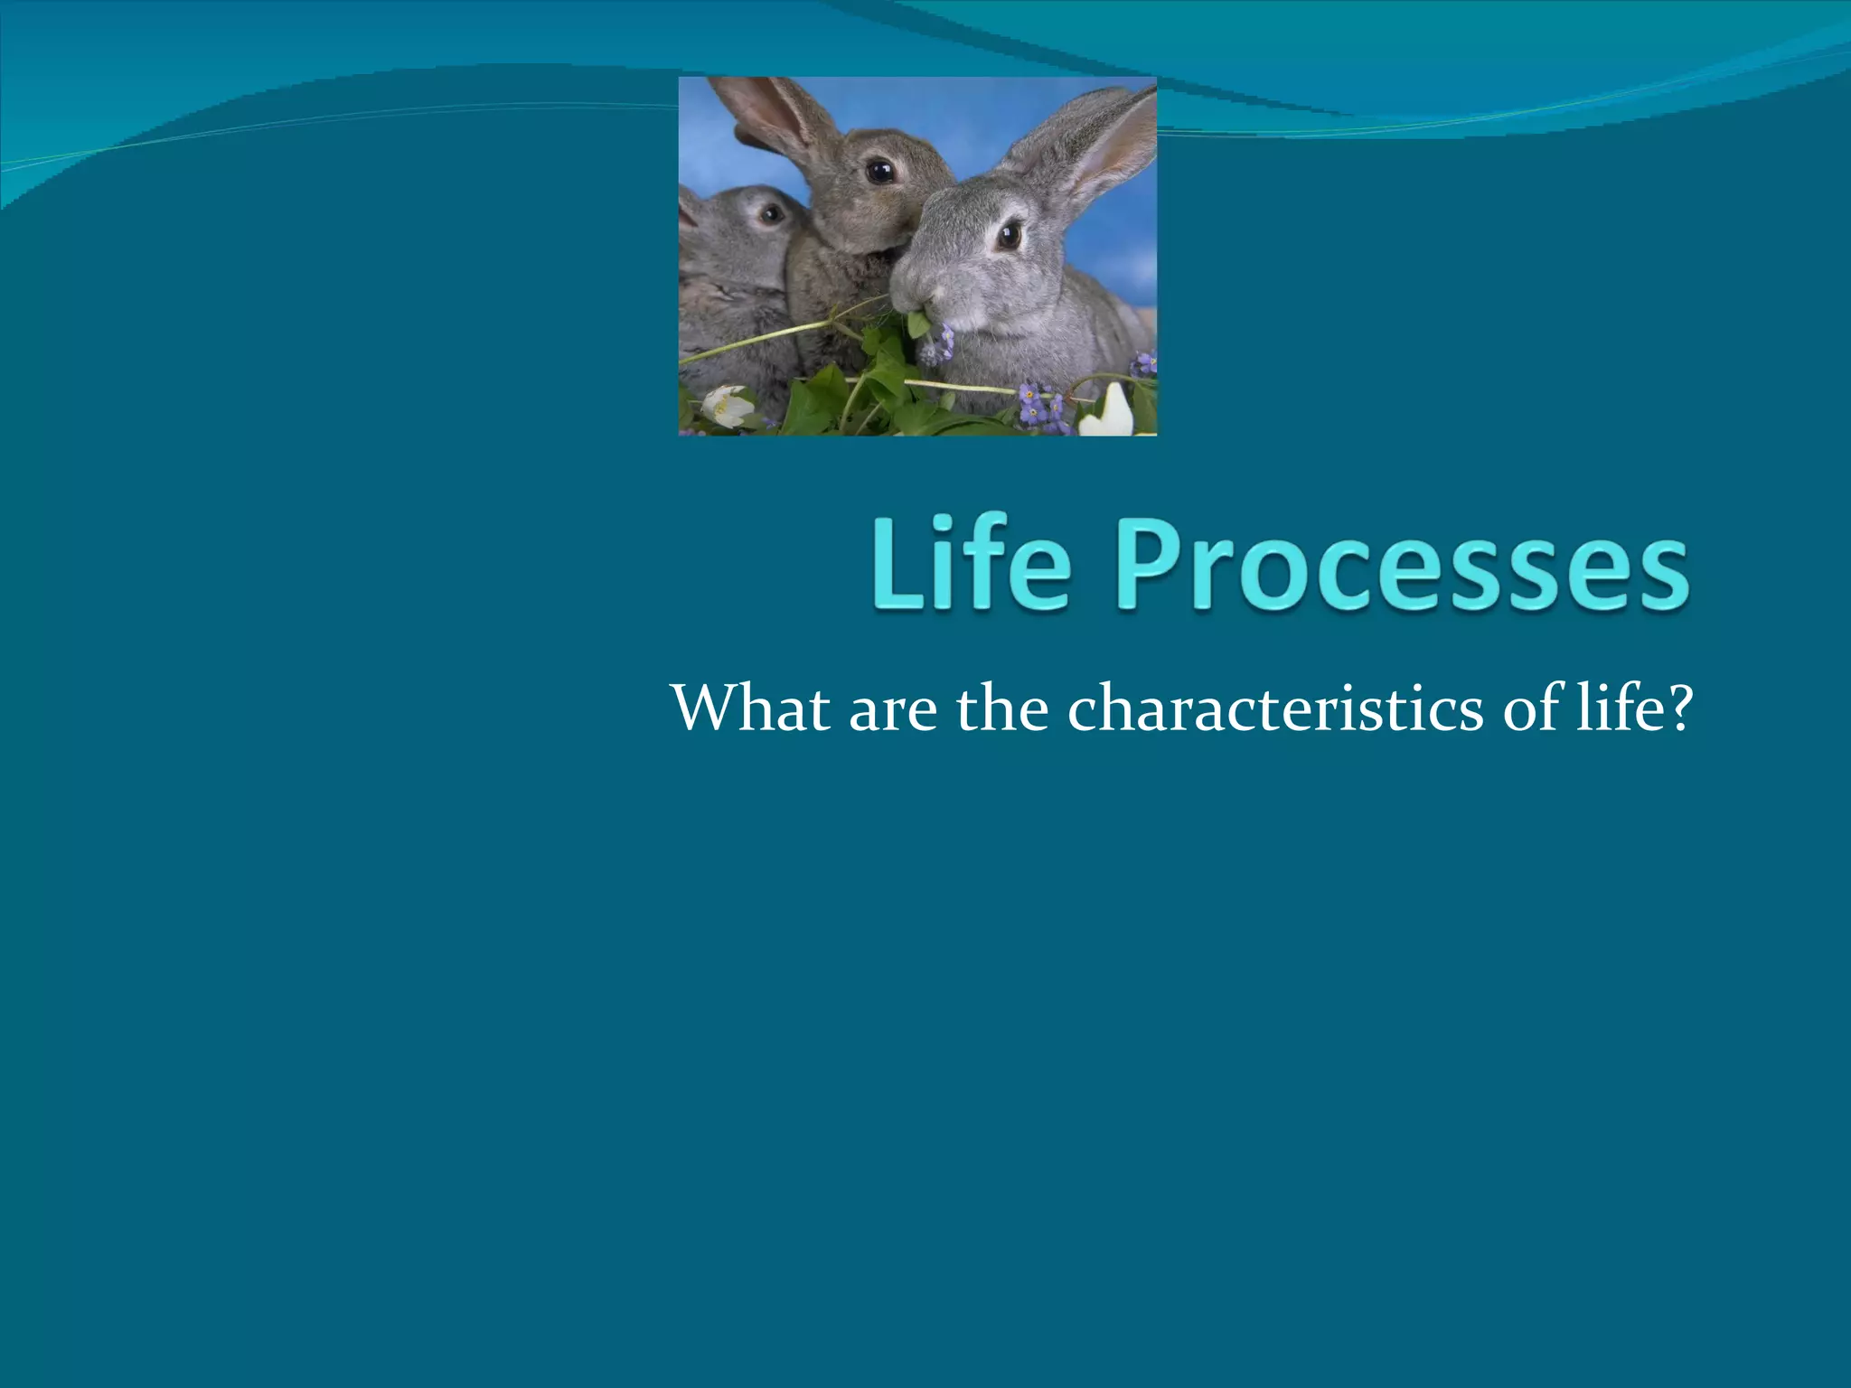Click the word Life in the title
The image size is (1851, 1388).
[972, 565]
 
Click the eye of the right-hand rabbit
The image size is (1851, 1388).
[1009, 237]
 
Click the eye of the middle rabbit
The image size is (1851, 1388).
[879, 170]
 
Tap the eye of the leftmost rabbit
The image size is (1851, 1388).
[771, 214]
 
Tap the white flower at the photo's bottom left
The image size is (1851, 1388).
[728, 406]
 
